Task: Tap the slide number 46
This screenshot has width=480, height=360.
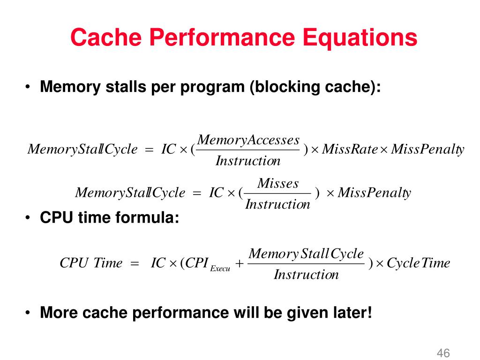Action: click(x=443, y=352)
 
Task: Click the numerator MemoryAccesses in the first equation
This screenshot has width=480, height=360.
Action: click(x=248, y=140)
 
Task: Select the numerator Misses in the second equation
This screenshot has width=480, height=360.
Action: click(x=278, y=183)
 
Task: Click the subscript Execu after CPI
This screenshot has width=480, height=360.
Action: click(x=220, y=269)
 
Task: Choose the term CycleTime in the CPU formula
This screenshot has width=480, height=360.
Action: click(x=418, y=263)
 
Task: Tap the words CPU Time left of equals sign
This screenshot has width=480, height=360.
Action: click(x=91, y=263)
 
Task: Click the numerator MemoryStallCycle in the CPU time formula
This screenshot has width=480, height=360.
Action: click(x=306, y=254)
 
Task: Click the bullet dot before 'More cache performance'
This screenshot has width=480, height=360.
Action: click(x=29, y=312)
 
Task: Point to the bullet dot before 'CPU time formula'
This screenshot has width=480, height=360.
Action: click(x=29, y=218)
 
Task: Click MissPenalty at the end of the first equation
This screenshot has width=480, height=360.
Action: click(x=427, y=150)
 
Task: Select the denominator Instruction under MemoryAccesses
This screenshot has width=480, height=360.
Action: click(x=248, y=161)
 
